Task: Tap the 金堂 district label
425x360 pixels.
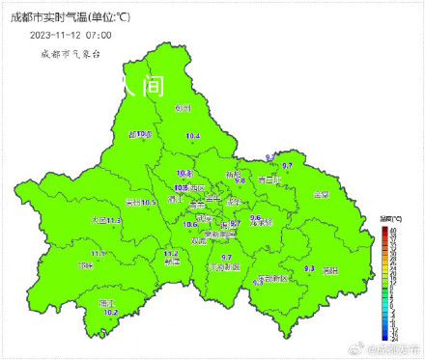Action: coord(321,195)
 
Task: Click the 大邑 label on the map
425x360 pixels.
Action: coord(99,221)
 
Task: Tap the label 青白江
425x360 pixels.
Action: coord(268,180)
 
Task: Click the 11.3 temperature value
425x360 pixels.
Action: coord(115,221)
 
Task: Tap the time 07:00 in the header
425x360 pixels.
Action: coord(99,35)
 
